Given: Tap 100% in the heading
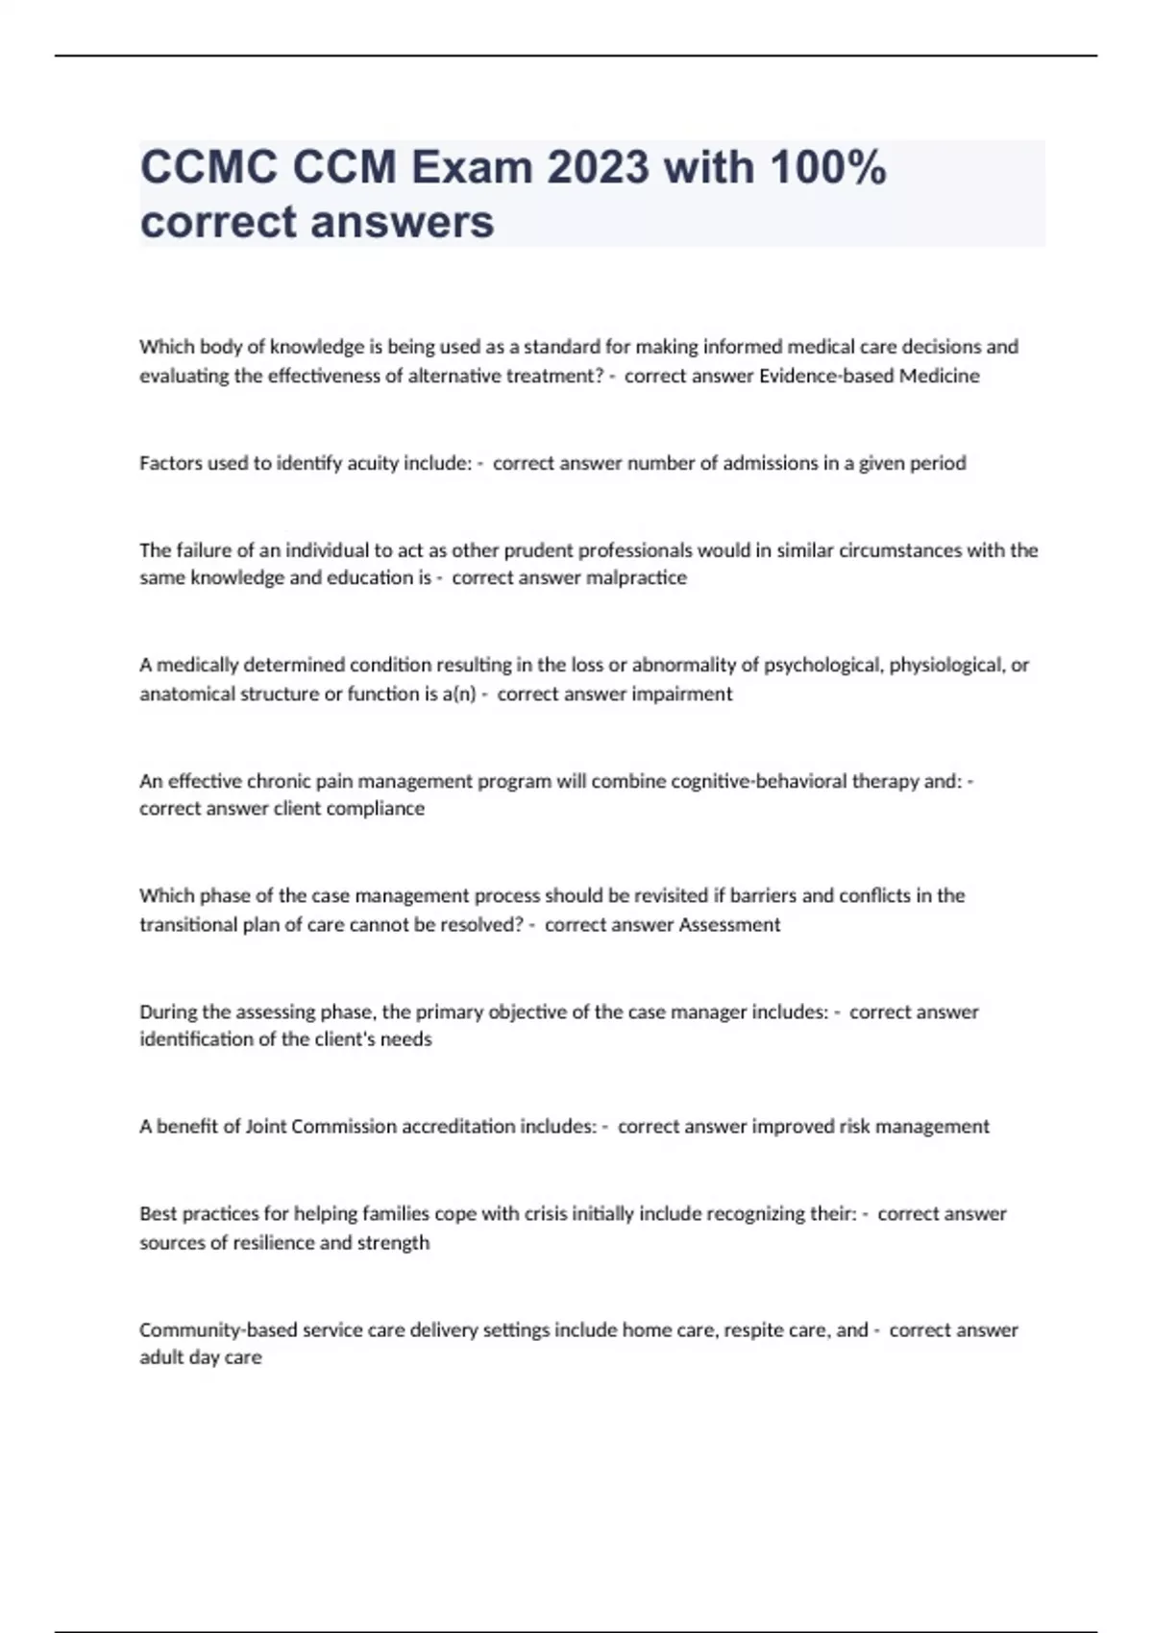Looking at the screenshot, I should pos(827,168).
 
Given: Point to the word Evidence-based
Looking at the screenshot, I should pos(826,377).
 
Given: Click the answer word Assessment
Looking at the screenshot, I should pos(729,925).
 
